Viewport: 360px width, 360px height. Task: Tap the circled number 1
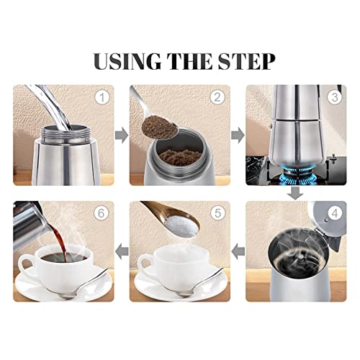point(102,96)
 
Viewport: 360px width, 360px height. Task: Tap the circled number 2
point(218,96)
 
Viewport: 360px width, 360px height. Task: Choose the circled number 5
point(218,213)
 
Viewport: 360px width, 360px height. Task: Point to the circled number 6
point(102,213)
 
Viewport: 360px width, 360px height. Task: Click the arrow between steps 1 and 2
point(122,134)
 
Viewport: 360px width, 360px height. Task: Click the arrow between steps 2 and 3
point(238,134)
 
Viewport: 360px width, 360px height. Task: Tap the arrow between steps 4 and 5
point(238,251)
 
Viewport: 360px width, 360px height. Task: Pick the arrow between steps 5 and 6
point(122,251)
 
